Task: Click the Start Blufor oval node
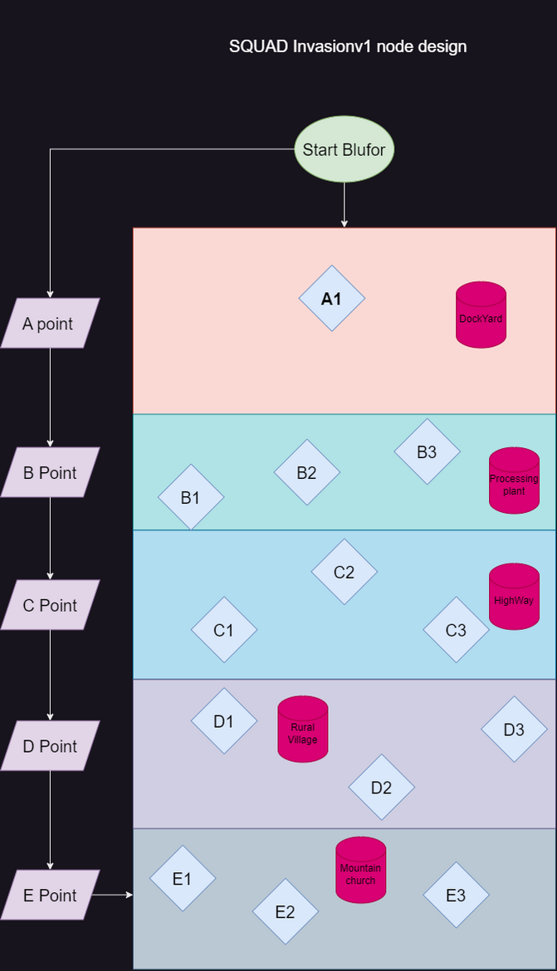pos(344,150)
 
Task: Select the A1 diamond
pos(331,299)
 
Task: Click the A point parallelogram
pos(50,324)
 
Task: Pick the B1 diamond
pos(191,497)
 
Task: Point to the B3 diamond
pos(427,452)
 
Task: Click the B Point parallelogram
pos(50,473)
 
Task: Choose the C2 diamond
pos(344,572)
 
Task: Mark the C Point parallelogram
pos(50,605)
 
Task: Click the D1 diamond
pos(224,721)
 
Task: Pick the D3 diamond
pos(514,729)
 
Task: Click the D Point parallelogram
pos(50,746)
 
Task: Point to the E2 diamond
pos(285,911)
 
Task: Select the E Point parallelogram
pos(50,895)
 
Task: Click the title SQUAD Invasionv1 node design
pos(348,46)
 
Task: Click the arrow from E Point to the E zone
pos(112,895)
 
